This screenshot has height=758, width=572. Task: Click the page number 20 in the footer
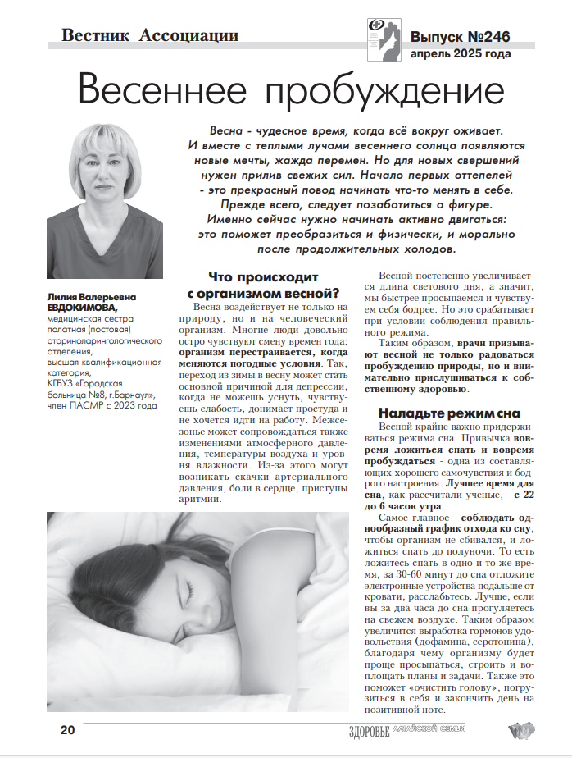coord(68,730)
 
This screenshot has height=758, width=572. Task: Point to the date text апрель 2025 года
coord(461,54)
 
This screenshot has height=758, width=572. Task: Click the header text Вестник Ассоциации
coord(150,35)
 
